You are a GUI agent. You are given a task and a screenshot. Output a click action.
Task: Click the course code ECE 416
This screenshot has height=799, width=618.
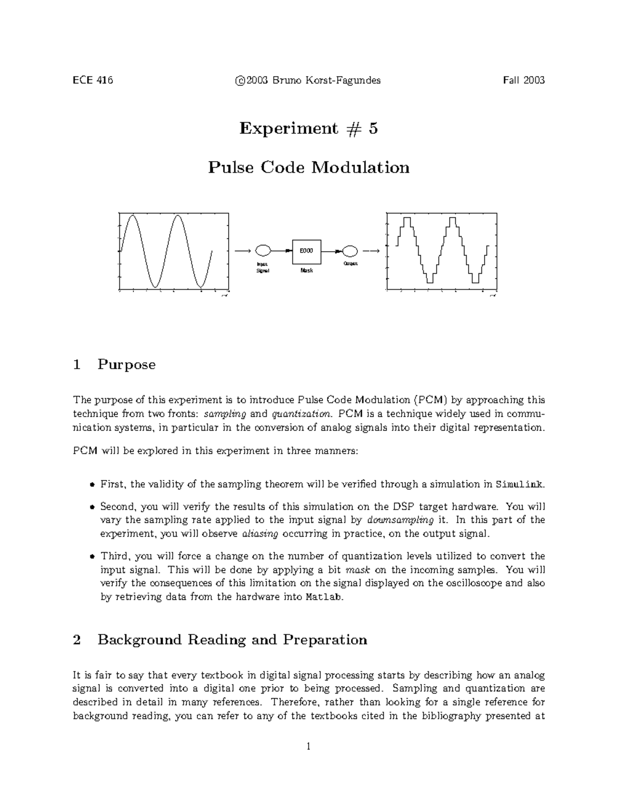(x=93, y=80)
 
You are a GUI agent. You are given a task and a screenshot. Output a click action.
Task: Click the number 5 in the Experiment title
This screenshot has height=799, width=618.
(x=373, y=128)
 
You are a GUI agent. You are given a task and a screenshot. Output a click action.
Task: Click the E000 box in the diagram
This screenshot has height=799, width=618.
(x=306, y=251)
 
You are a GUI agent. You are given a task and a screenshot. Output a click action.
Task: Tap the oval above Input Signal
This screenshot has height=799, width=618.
(x=263, y=251)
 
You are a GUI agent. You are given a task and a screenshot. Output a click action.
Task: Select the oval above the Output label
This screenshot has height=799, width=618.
(x=350, y=251)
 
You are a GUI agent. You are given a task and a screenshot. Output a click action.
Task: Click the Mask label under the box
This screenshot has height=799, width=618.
(x=306, y=270)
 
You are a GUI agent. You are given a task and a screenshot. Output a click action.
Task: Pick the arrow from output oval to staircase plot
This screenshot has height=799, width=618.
(x=371, y=251)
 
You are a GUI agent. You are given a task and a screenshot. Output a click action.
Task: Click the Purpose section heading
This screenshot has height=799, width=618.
(x=126, y=365)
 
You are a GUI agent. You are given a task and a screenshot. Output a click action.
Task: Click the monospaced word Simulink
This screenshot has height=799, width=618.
(x=519, y=485)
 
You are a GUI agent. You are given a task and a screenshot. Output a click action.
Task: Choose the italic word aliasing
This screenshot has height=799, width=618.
(x=260, y=534)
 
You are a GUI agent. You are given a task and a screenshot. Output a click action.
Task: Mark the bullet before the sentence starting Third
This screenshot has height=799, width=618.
(x=92, y=557)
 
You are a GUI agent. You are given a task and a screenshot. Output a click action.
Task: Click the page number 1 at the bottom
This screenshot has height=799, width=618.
(x=308, y=747)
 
